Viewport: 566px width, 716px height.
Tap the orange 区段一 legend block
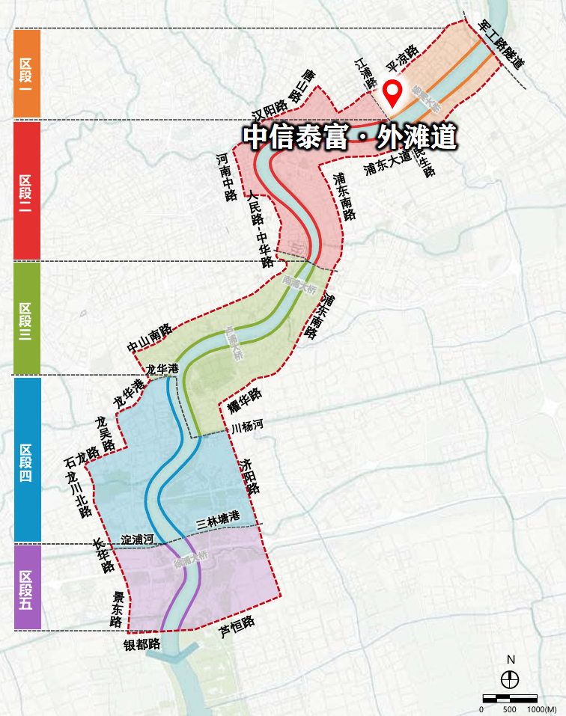(x=26, y=73)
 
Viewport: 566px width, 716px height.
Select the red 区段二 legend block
(x=26, y=191)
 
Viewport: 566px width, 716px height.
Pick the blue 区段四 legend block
(x=26, y=459)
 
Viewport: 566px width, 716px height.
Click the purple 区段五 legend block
(x=26, y=586)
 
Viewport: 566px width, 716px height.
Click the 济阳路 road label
(x=249, y=476)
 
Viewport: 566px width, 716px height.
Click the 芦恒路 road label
(x=237, y=627)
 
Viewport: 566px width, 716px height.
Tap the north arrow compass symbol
(x=511, y=679)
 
